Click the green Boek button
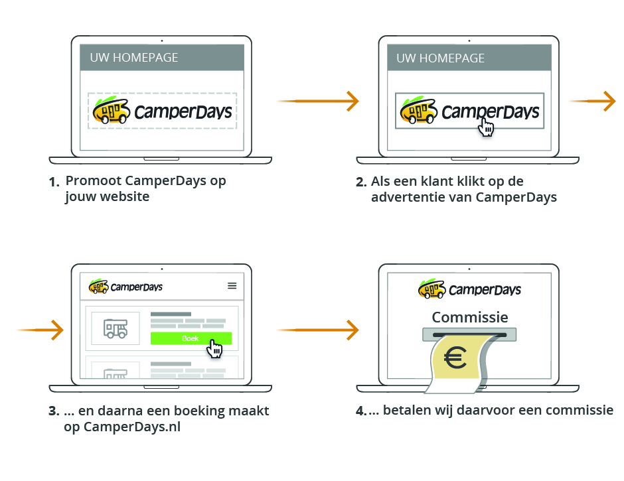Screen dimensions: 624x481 191,338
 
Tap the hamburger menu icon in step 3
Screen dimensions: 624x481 232,285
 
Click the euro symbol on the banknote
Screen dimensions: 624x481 455,359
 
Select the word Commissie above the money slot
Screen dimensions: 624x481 470,317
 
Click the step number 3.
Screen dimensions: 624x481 54,411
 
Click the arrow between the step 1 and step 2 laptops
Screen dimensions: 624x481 318,101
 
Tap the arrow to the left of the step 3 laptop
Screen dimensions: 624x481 40,329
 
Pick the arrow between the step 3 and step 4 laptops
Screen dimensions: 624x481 318,329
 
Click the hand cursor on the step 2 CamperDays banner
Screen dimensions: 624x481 487,126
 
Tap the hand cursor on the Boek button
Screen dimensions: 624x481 214,348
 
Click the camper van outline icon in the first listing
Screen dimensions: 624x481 115,328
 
